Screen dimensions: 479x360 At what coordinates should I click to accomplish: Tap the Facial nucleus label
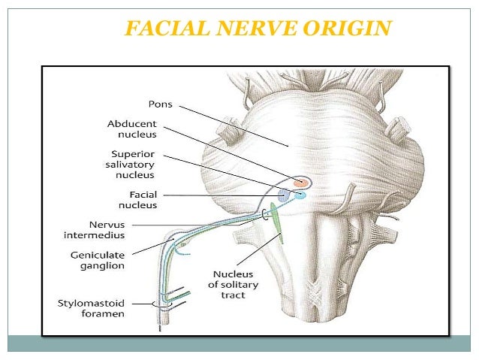click(138, 199)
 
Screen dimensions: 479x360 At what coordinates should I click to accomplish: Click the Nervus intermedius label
click(123, 228)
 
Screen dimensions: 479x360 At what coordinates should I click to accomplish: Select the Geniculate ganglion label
click(124, 260)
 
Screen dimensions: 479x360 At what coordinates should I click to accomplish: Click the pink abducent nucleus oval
click(301, 182)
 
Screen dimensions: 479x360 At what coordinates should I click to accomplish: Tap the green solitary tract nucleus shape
click(276, 222)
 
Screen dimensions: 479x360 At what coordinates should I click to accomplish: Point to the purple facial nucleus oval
click(285, 195)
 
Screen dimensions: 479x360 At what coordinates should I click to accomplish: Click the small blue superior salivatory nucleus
click(300, 195)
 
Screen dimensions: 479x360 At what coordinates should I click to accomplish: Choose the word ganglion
click(124, 265)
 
